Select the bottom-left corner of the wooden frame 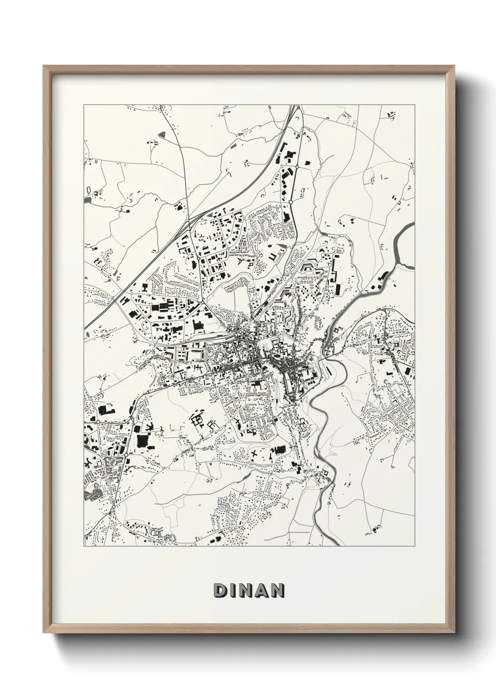click(44, 633)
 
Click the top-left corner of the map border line click(84, 105)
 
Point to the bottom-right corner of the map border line click(414, 546)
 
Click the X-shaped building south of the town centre click(255, 453)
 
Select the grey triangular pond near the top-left click(162, 134)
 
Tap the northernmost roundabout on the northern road click(297, 166)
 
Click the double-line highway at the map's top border click(294, 107)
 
